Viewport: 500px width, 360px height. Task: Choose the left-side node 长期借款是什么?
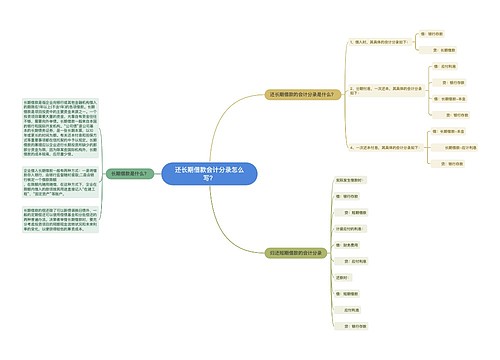click(x=130, y=173)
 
